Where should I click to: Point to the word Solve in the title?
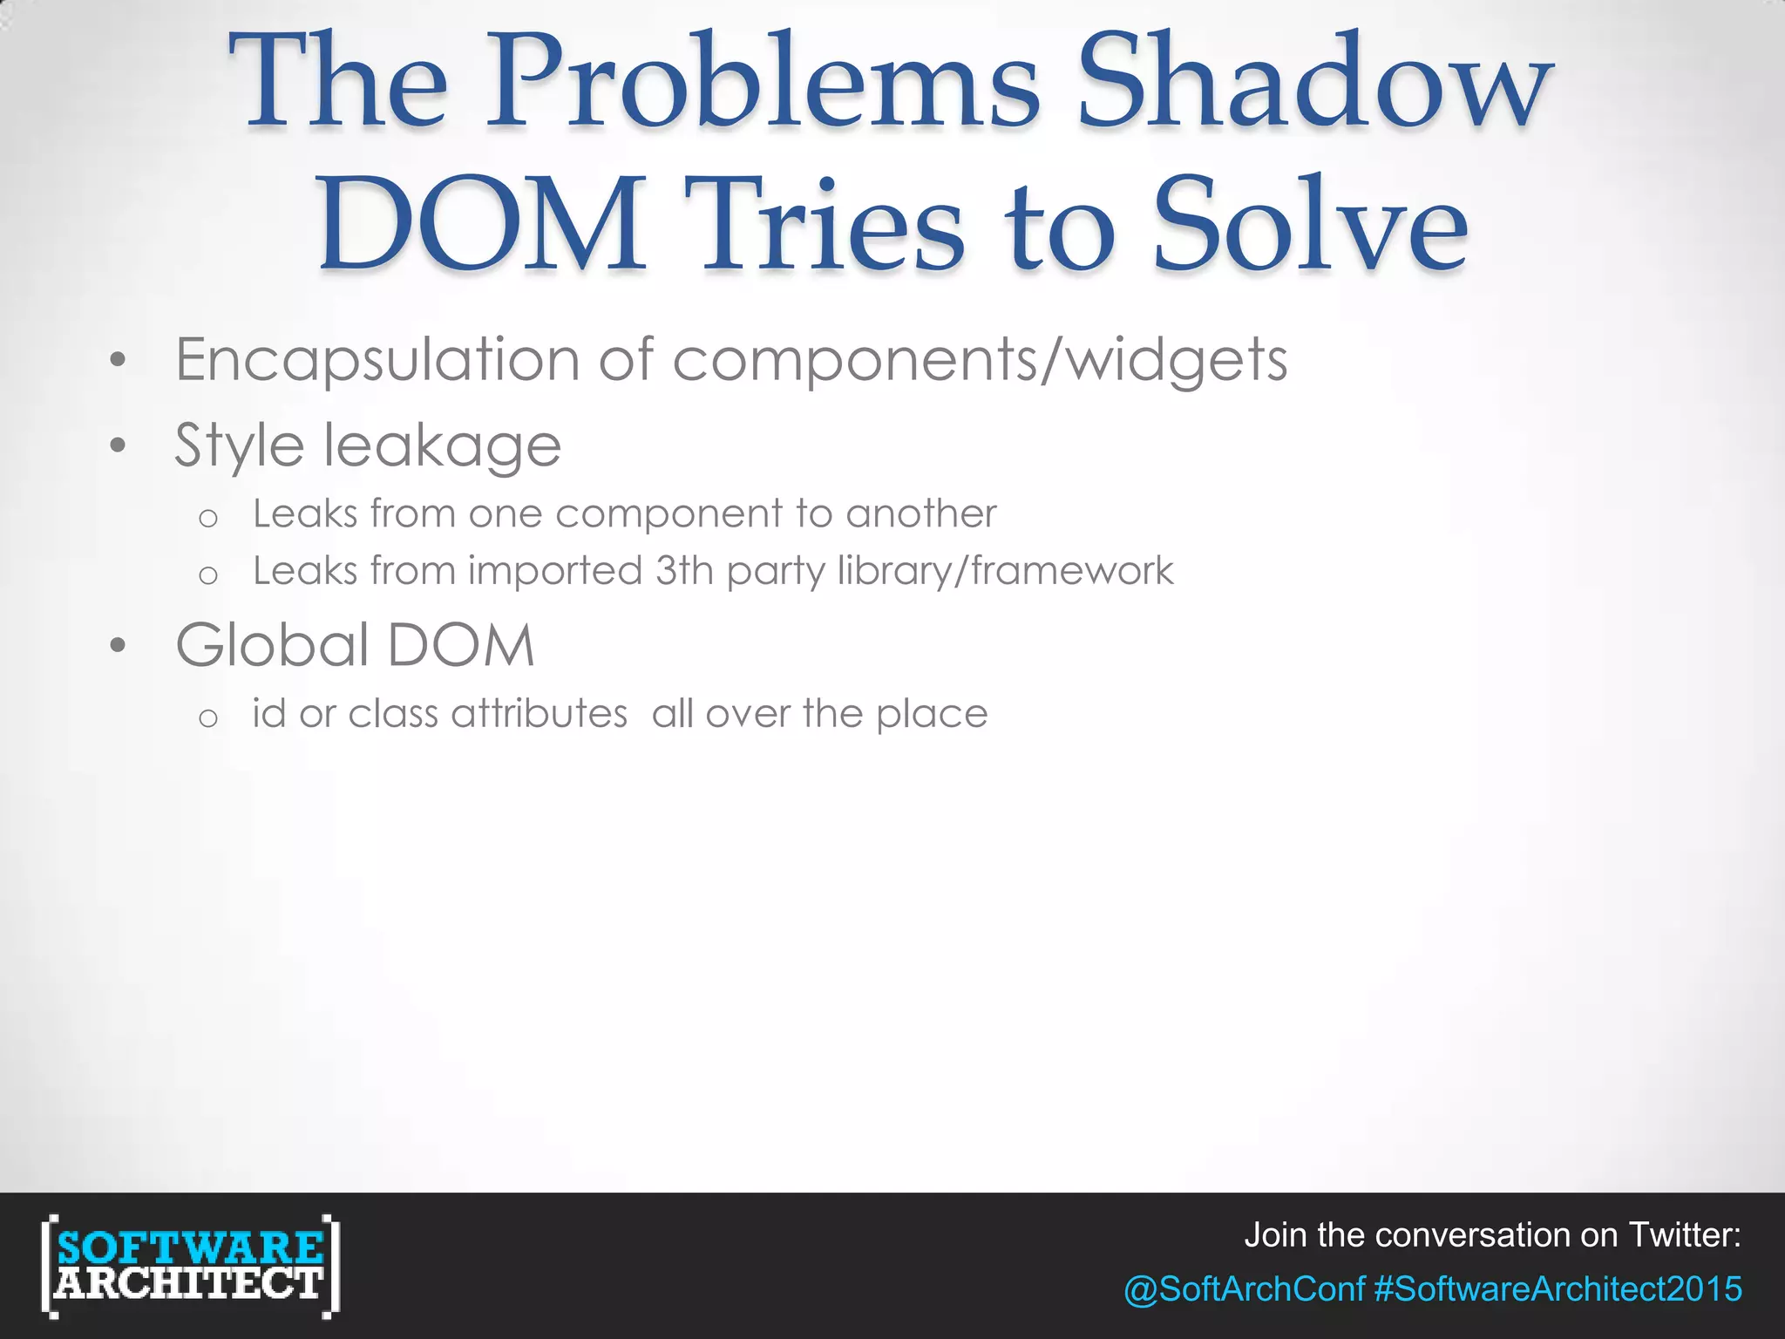pyautogui.click(x=1311, y=225)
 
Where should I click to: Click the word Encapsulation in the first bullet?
pyautogui.click(x=377, y=360)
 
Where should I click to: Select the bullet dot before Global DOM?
pyautogui.click(x=119, y=647)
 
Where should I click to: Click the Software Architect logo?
pyautogui.click(x=190, y=1265)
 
